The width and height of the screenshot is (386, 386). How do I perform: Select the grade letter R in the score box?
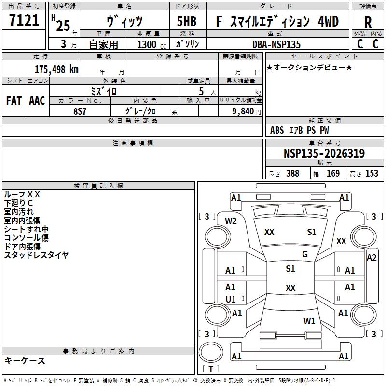[x=368, y=22]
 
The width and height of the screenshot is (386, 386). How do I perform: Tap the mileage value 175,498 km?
[x=56, y=69]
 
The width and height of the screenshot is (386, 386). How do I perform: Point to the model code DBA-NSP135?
[x=276, y=44]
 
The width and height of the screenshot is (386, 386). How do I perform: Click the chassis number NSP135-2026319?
[x=324, y=153]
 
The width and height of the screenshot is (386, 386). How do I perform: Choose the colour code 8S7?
[x=80, y=110]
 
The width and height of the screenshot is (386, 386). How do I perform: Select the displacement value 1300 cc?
[x=151, y=44]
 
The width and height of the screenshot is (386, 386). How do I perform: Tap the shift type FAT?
[x=14, y=100]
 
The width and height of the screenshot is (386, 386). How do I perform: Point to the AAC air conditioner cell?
[x=37, y=100]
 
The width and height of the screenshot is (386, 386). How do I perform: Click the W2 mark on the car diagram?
[x=231, y=221]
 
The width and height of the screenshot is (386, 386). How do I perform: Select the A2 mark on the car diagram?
[x=372, y=257]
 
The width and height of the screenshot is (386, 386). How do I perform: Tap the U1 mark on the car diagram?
[x=231, y=299]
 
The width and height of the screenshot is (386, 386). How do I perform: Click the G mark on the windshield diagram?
[x=305, y=254]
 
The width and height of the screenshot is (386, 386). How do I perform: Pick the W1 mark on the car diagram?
[x=309, y=321]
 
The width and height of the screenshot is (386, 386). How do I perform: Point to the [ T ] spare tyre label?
[x=211, y=369]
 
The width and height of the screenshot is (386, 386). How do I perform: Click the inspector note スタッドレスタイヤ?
[x=36, y=255]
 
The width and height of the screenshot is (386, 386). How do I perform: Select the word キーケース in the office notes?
[x=25, y=360]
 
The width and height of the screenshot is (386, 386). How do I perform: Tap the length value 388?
[x=292, y=174]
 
